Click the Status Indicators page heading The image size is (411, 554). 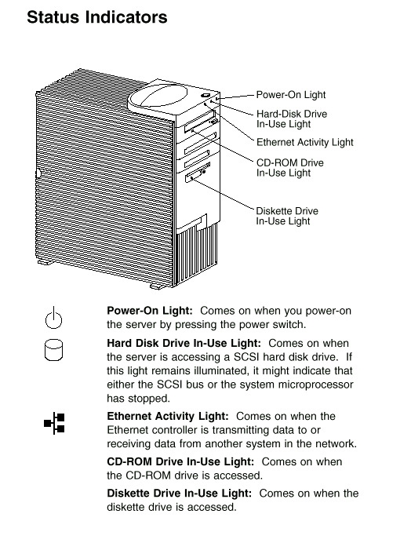97,17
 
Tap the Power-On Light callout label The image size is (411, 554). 290,95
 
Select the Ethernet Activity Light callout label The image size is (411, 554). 304,142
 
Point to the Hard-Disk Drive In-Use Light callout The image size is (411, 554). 292,118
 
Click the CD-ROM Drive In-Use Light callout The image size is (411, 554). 290,167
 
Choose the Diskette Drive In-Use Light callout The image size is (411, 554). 287,216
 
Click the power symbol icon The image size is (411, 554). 53,318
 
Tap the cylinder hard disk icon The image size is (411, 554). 53,350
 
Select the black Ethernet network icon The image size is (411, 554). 54,423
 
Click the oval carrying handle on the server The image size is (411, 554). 158,96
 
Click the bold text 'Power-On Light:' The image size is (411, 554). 150,311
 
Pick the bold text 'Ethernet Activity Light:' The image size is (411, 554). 168,416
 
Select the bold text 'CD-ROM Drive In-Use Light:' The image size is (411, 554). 180,461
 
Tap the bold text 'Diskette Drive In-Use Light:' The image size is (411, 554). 180,494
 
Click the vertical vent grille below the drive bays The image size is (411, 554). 196,253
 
